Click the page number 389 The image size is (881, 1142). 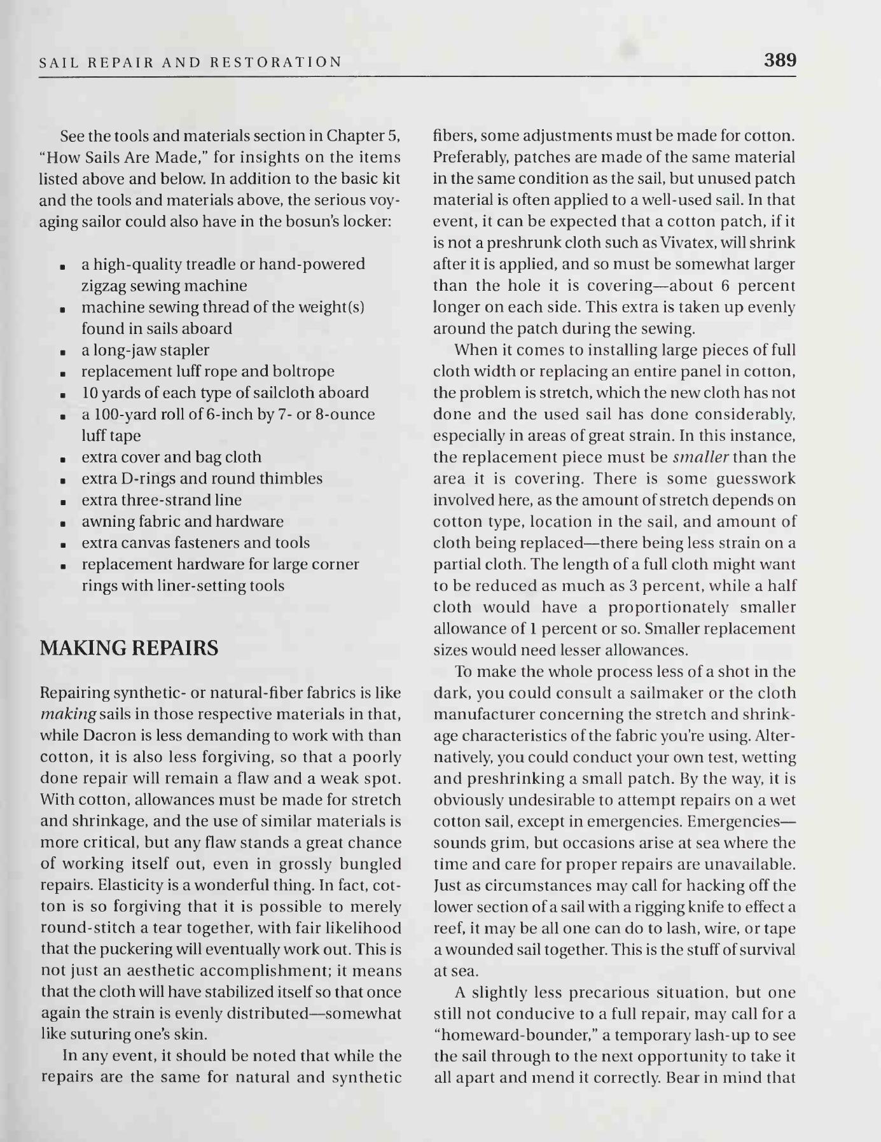(x=780, y=60)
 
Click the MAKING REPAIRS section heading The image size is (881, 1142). (x=129, y=648)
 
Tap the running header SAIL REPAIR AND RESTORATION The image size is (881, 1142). (x=191, y=62)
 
